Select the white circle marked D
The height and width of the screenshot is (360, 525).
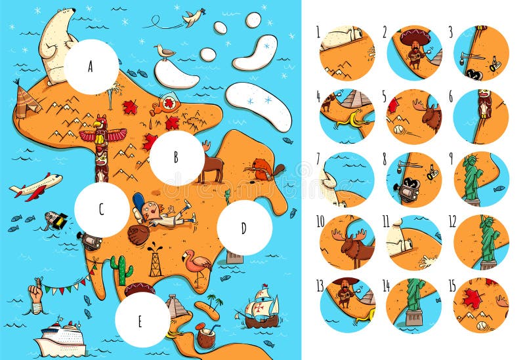(x=244, y=228)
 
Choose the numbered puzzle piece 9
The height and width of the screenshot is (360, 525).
(x=481, y=180)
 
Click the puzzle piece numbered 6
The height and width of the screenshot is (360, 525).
(x=481, y=116)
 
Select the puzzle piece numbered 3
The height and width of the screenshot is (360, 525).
(x=481, y=53)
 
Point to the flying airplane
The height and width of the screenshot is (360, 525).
(x=35, y=186)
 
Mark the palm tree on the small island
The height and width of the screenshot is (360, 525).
(x=215, y=303)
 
